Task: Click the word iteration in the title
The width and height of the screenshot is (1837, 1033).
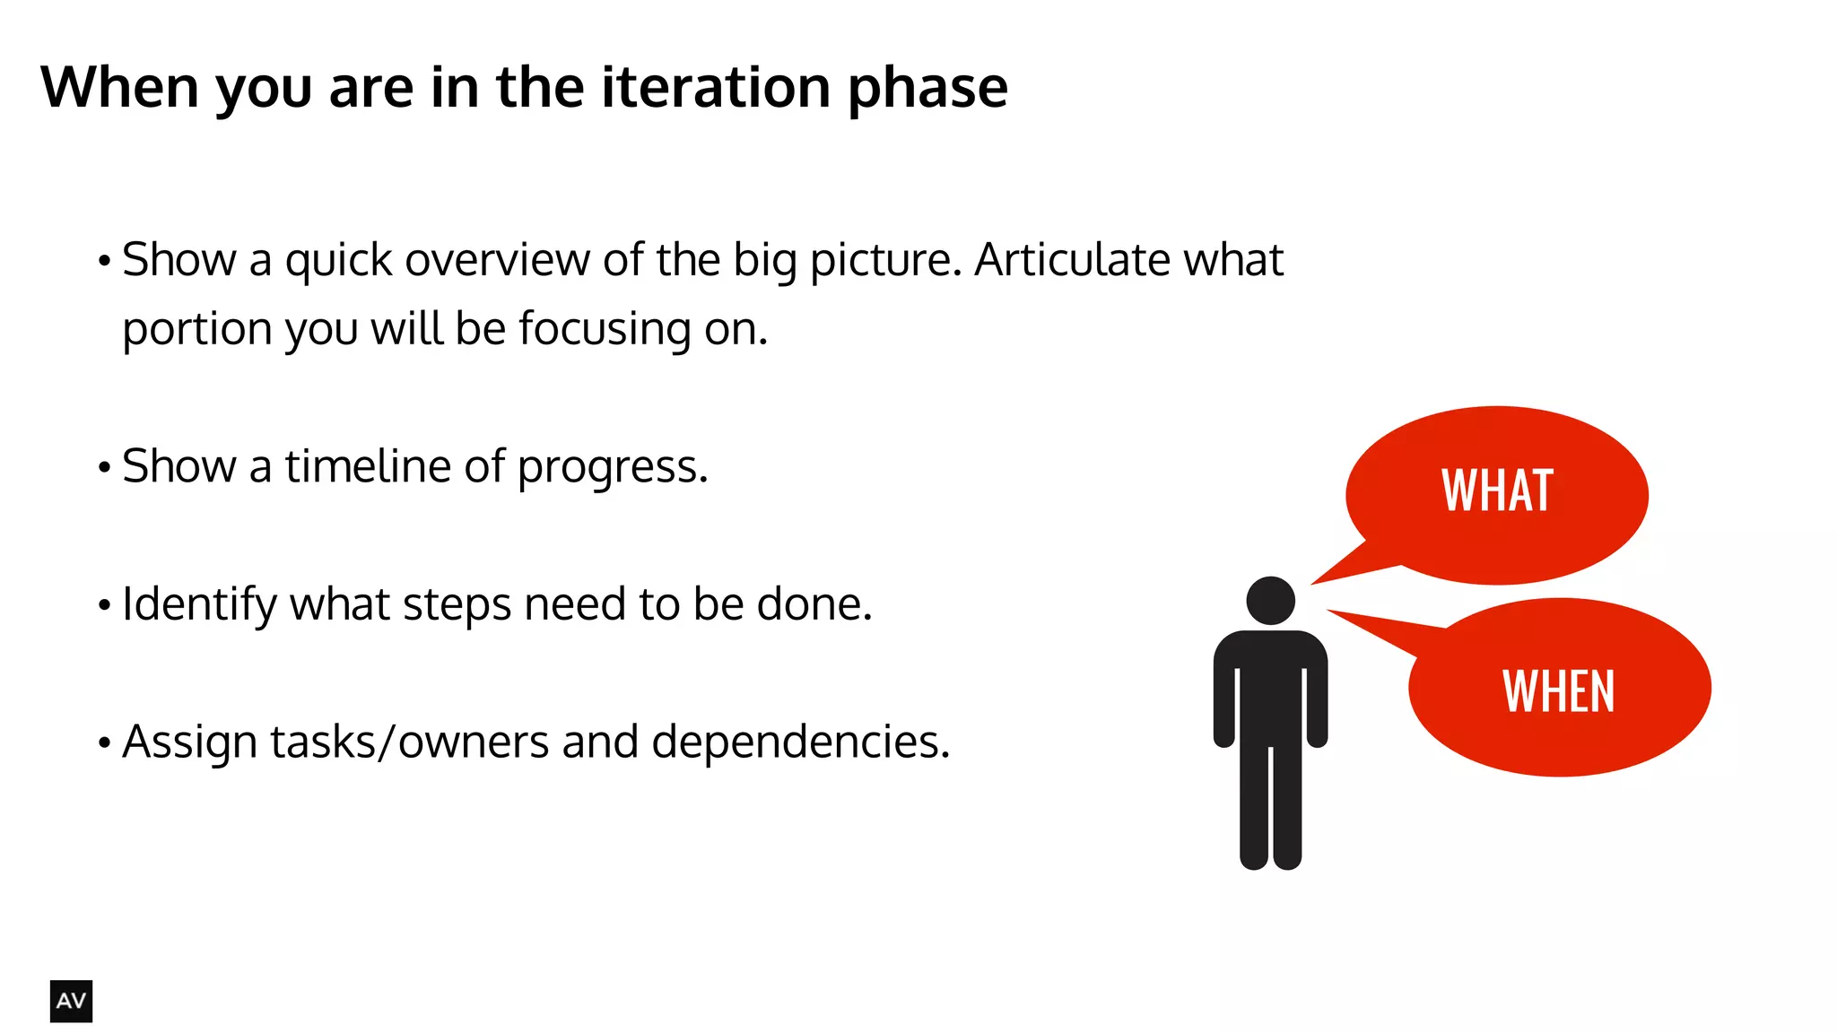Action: (x=715, y=87)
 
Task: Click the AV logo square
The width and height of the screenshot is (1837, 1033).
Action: (x=71, y=1001)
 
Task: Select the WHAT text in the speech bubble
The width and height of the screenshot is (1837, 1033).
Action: (x=1496, y=491)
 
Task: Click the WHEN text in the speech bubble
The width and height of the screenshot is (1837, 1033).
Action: (x=1558, y=691)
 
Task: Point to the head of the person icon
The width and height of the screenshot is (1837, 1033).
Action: (x=1270, y=601)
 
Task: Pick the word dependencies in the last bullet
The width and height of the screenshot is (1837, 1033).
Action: (x=800, y=742)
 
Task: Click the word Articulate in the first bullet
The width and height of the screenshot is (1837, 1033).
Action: (x=1072, y=260)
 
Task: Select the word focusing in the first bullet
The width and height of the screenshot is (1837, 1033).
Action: (x=604, y=330)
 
